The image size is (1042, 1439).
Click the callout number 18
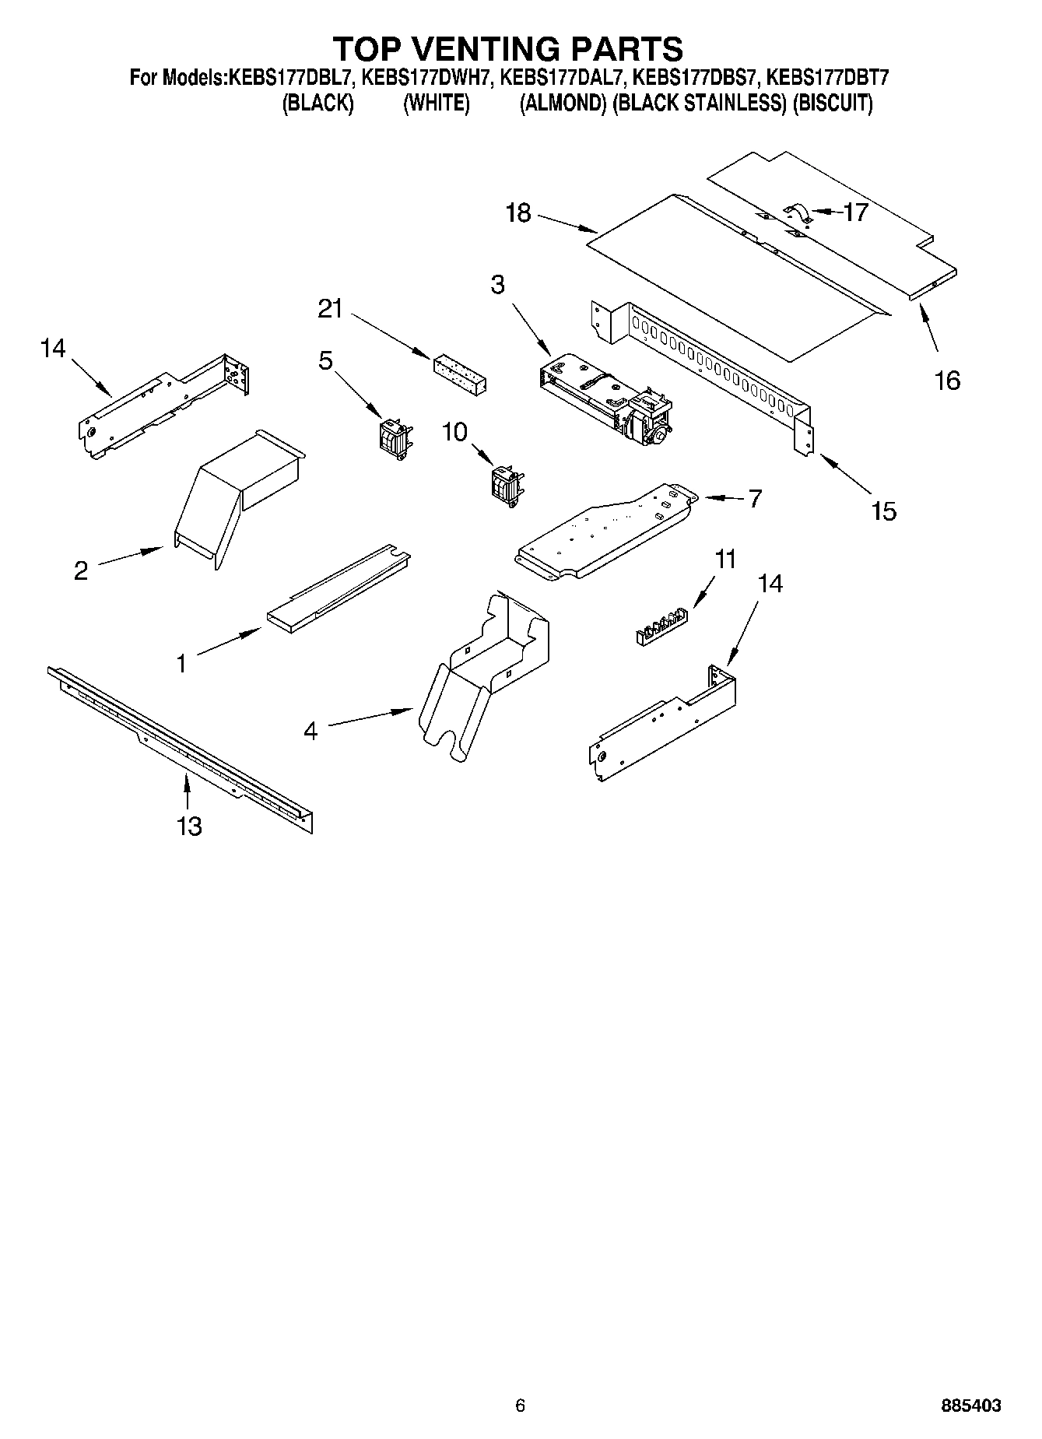point(517,212)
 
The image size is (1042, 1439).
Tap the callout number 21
point(330,309)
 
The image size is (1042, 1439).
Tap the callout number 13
point(189,826)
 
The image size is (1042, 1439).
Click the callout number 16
point(947,380)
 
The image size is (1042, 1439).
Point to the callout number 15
point(883,511)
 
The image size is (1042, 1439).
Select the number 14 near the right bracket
point(770,583)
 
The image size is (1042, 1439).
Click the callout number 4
point(310,731)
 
